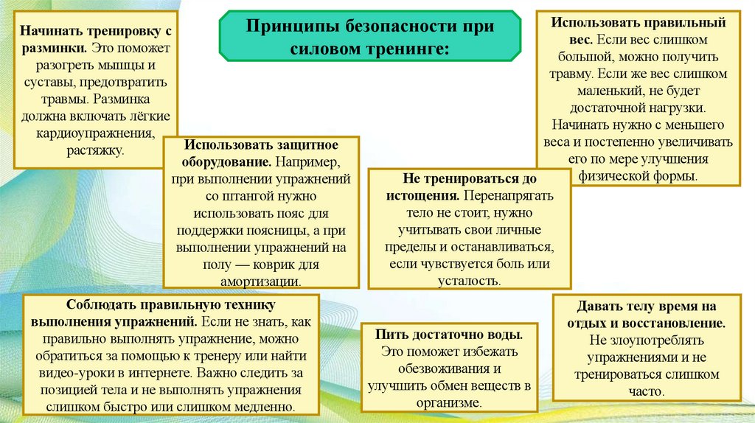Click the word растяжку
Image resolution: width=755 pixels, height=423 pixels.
point(94,150)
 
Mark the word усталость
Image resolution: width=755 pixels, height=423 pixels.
point(469,281)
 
